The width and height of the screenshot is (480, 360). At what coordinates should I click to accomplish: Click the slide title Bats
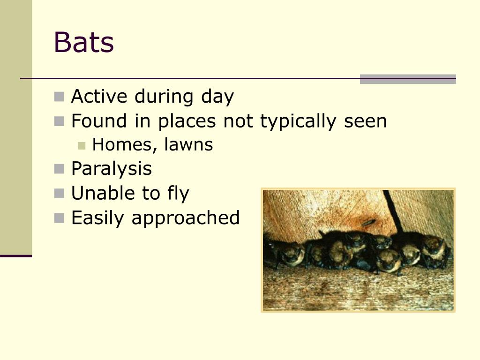click(x=83, y=42)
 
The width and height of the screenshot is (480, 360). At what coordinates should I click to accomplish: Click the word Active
click(x=99, y=97)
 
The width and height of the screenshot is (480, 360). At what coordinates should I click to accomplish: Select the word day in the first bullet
click(x=217, y=97)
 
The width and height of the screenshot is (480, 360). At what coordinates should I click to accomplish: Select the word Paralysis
click(x=111, y=169)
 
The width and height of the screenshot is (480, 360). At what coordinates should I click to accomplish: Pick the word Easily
click(x=98, y=218)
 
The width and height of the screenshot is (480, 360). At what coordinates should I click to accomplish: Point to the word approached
click(x=186, y=218)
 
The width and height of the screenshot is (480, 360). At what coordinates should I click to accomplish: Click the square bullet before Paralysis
click(x=59, y=169)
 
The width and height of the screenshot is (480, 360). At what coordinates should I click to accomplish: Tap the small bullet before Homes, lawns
click(x=82, y=145)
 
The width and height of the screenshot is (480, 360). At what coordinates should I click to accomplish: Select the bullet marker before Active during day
click(x=59, y=97)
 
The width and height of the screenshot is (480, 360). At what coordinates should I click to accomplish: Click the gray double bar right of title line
click(x=407, y=79)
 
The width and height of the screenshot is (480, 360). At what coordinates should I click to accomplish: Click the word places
click(x=187, y=122)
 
